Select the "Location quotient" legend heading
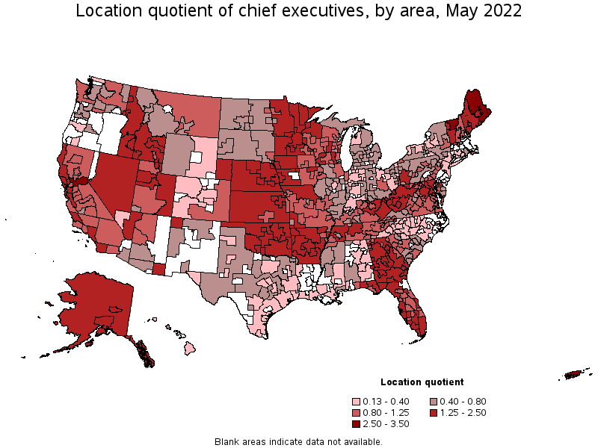coord(422,382)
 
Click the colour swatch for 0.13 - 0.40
coord(357,402)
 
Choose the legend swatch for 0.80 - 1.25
coord(357,413)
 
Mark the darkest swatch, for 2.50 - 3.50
coord(357,424)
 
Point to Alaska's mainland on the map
coord(93,302)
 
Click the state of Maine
coord(475,105)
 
